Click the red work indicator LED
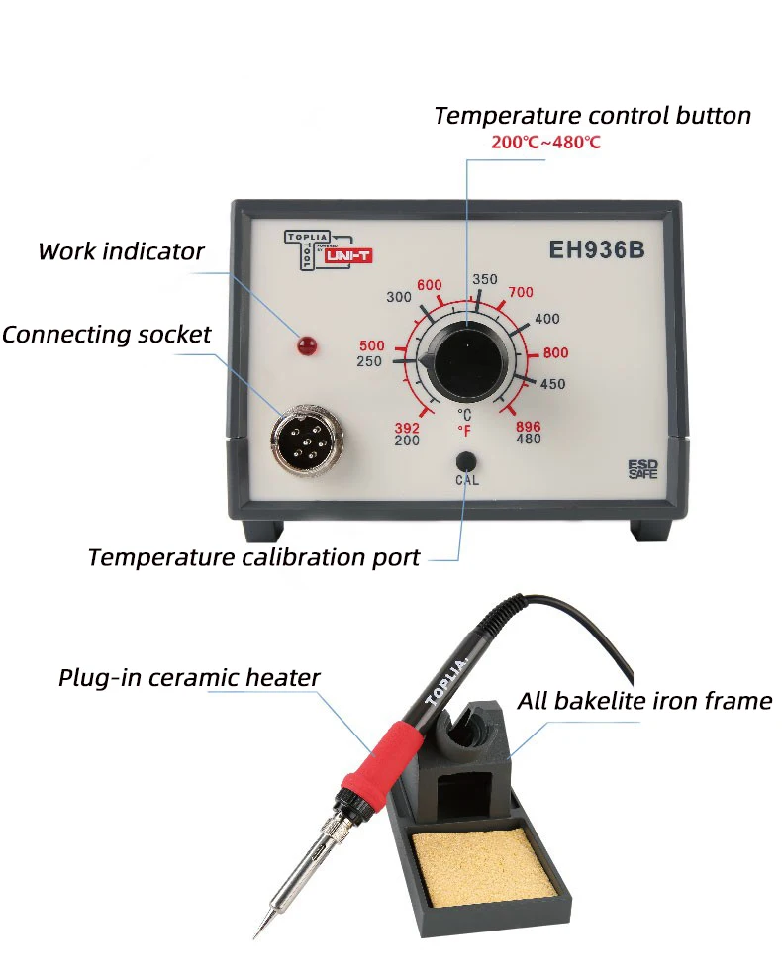click(307, 345)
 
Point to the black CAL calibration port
click(466, 461)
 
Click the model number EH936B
click(597, 250)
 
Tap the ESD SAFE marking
click(642, 469)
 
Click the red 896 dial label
click(529, 427)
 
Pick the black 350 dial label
click(485, 280)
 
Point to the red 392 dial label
click(407, 428)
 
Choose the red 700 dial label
click(521, 292)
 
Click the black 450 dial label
click(552, 384)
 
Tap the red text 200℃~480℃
click(545, 143)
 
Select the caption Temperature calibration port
click(253, 557)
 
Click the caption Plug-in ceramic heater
click(189, 678)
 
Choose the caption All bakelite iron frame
click(644, 702)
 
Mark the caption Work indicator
click(121, 251)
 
